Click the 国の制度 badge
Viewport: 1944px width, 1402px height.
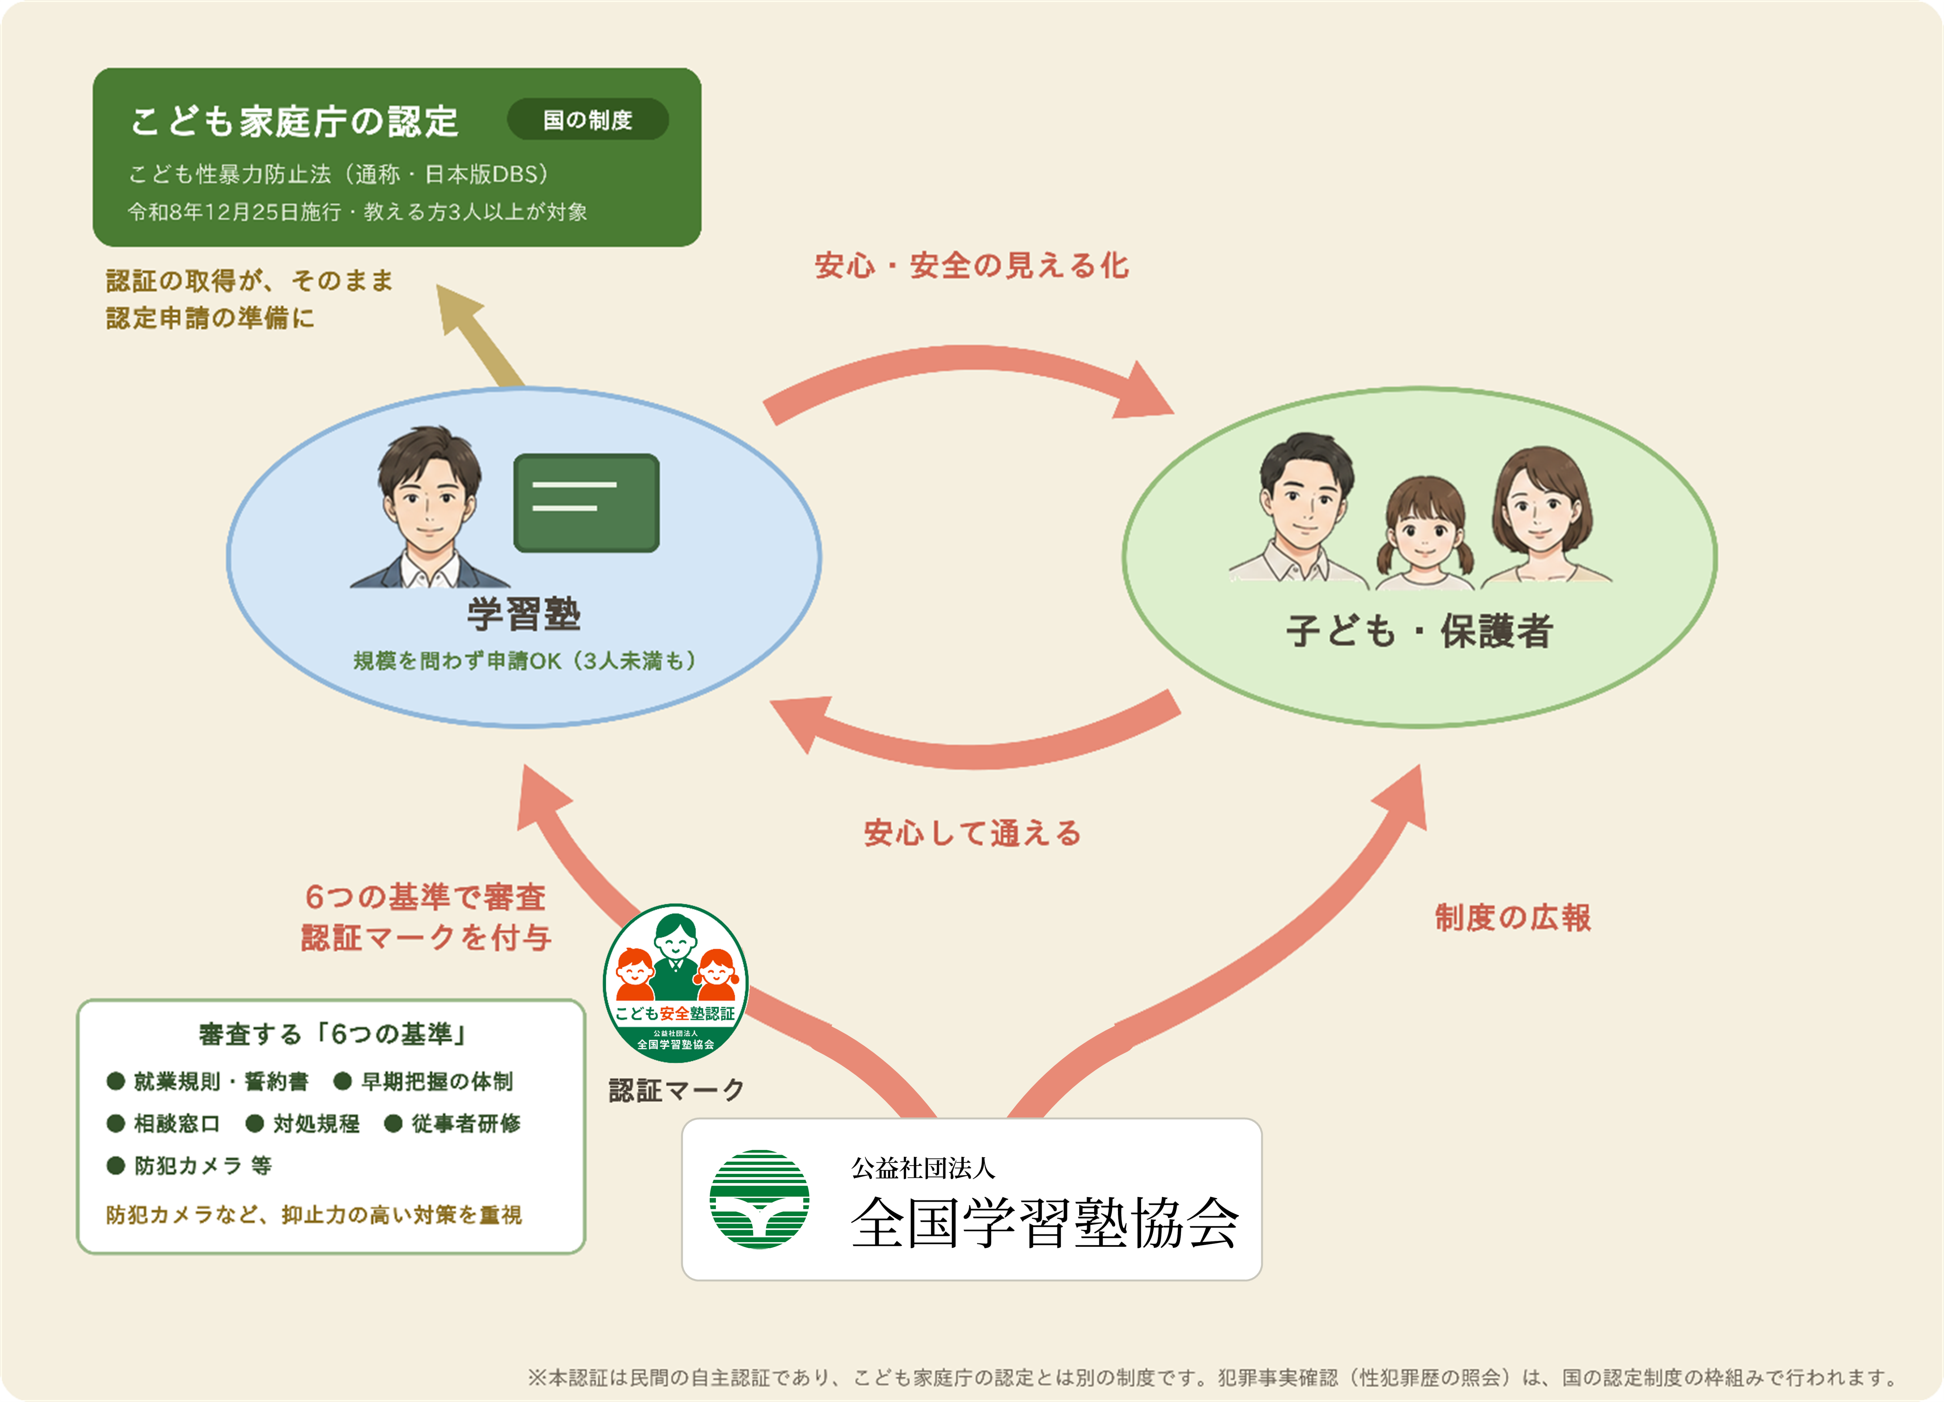point(588,119)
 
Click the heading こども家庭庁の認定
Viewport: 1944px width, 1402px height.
point(295,121)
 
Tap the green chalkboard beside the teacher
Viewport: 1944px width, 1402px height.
point(586,503)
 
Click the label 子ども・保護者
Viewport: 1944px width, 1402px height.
point(1419,631)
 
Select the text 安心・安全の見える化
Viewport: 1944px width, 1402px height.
point(972,266)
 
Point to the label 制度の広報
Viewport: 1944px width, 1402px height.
point(1513,918)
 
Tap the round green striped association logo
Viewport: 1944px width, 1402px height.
point(759,1199)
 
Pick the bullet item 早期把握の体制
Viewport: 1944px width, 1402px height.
point(423,1081)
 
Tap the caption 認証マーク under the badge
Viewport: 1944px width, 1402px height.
point(676,1090)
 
